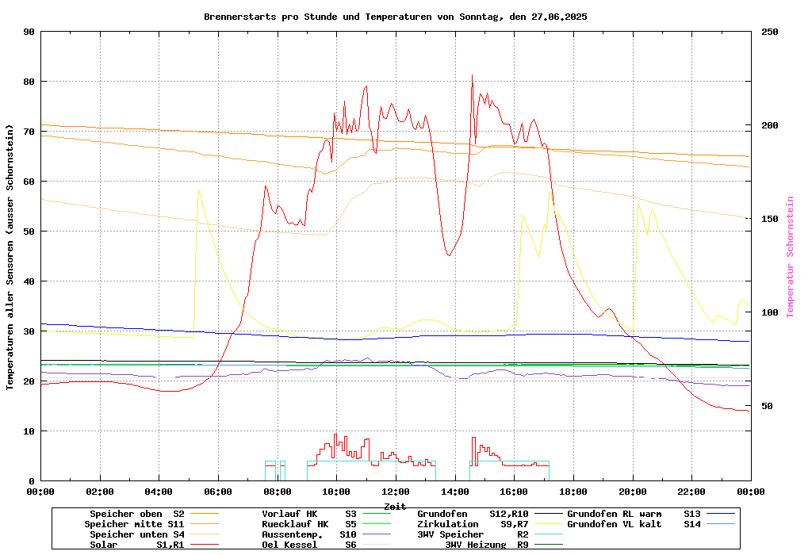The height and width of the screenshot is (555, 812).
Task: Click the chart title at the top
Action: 395,17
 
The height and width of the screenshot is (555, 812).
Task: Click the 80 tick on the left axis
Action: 29,82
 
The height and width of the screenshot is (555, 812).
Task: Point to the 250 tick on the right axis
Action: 770,32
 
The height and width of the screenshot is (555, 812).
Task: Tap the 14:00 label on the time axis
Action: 454,492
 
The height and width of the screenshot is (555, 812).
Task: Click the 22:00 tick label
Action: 691,492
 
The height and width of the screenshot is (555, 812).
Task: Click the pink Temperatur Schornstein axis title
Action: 790,257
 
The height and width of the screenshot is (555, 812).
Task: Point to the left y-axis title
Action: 10,257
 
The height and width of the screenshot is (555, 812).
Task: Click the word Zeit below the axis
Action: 395,506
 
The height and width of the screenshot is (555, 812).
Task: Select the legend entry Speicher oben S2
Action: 135,514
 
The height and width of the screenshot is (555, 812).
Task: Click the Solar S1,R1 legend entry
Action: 135,545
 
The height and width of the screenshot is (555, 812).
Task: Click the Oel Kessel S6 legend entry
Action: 309,545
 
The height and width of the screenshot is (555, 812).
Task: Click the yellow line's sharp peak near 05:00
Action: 198,190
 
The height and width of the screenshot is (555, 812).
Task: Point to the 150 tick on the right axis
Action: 770,219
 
